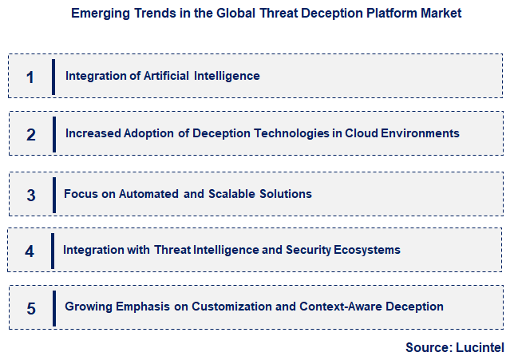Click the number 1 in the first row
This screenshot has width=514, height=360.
click(30, 77)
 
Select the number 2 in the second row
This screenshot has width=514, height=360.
click(31, 135)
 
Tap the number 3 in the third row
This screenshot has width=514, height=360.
click(31, 195)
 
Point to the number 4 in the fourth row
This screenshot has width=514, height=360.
click(30, 251)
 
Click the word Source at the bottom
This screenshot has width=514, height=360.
click(428, 347)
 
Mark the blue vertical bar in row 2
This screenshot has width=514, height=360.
click(53, 133)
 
